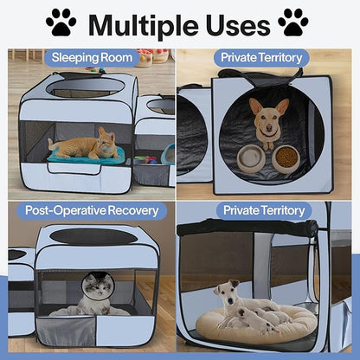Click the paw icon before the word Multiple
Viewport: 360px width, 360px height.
click(x=61, y=23)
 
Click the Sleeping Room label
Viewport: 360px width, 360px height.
click(x=92, y=59)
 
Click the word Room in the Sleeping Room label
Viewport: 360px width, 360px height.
click(x=117, y=59)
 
